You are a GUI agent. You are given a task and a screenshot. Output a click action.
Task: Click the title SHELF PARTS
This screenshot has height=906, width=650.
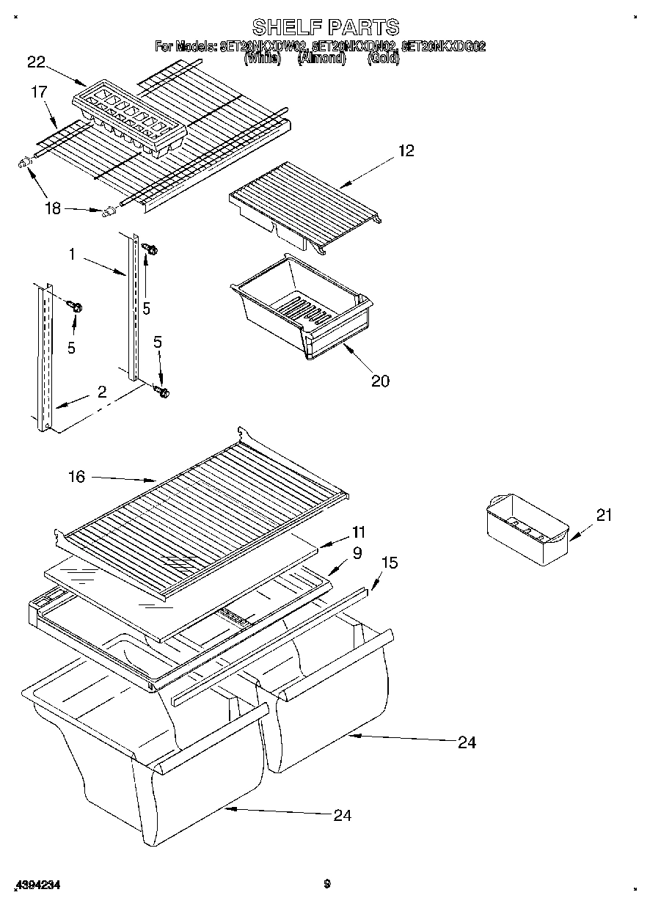(326, 27)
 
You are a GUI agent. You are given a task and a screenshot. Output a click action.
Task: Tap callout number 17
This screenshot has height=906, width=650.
(39, 92)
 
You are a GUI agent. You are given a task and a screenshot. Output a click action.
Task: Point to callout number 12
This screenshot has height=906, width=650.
(406, 150)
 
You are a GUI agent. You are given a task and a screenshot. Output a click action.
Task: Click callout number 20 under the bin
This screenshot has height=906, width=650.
(380, 380)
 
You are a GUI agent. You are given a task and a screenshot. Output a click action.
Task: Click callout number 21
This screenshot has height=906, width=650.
(603, 515)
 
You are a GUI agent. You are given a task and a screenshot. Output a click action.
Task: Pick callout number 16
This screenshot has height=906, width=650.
(76, 477)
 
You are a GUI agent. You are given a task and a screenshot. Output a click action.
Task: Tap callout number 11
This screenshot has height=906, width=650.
(359, 531)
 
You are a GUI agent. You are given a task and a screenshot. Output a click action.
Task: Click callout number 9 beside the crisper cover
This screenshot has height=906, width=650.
(357, 553)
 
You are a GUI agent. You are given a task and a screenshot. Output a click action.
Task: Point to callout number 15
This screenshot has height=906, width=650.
(390, 563)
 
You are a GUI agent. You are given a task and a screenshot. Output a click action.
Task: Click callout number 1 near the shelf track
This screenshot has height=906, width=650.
(73, 254)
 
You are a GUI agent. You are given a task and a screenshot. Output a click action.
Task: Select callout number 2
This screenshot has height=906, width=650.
(102, 391)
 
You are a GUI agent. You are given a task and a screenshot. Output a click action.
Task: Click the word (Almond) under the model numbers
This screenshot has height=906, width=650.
(321, 59)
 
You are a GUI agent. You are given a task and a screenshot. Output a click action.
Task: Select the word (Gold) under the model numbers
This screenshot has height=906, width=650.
(383, 59)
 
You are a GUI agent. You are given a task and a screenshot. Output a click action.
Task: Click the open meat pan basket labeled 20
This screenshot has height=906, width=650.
(301, 304)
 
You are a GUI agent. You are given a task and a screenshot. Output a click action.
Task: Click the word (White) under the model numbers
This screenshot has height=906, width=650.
(262, 59)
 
